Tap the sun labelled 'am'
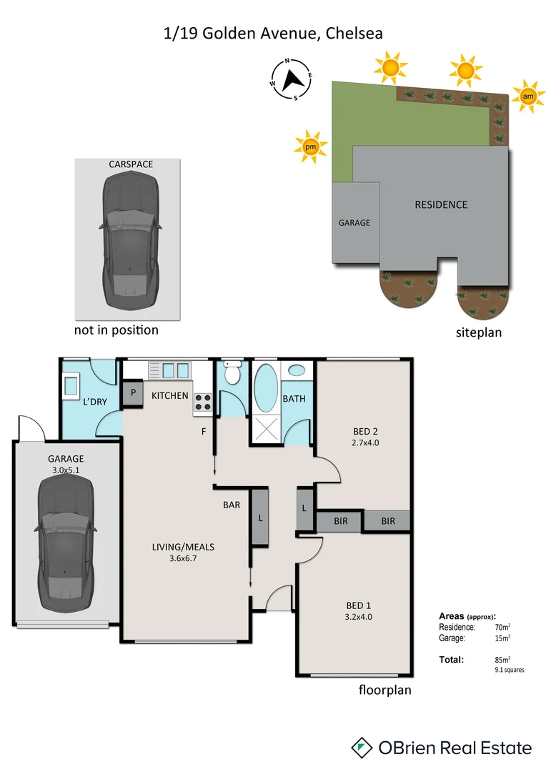(x=528, y=96)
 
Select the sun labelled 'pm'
(x=310, y=147)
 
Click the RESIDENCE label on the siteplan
(x=441, y=204)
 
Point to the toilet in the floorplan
(x=232, y=374)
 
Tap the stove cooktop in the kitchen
(x=202, y=403)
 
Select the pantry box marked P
(x=132, y=394)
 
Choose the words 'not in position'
(x=116, y=330)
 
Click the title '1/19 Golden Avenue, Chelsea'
(x=273, y=33)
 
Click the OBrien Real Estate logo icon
(x=363, y=748)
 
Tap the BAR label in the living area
(x=231, y=505)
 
